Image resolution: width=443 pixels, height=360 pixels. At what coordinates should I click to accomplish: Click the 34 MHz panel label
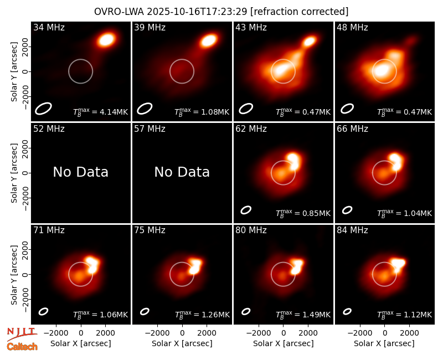pos(49,27)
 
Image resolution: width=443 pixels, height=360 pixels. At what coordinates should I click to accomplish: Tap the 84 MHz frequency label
pos(352,230)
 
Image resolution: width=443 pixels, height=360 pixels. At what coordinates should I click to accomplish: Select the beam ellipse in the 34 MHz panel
pos(43,109)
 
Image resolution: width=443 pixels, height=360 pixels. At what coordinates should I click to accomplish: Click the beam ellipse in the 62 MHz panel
pos(246,210)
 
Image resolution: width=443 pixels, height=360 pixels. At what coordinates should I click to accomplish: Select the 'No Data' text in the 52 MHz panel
pos(80,172)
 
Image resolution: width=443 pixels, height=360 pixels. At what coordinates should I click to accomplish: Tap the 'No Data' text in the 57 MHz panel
pos(182,172)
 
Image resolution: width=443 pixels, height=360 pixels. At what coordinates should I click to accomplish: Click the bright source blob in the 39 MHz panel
pos(209,40)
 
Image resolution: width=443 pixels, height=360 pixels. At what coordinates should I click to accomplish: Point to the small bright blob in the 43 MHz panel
pos(310,41)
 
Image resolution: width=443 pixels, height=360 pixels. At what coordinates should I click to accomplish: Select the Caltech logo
pos(22,347)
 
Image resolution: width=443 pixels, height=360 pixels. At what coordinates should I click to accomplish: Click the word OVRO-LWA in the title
pos(119,12)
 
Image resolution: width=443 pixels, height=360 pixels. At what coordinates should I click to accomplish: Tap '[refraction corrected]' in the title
pos(300,12)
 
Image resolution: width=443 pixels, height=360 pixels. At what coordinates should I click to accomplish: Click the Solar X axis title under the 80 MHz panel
pos(283,343)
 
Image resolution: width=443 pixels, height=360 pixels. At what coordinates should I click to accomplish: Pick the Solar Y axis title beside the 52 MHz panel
pos(14,173)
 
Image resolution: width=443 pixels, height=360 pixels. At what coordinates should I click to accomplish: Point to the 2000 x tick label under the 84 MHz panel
pos(409,333)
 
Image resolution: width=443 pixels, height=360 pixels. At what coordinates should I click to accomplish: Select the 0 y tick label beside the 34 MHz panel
pos(26,71)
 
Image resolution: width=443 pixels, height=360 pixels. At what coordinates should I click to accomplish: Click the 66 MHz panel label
pos(352,129)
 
